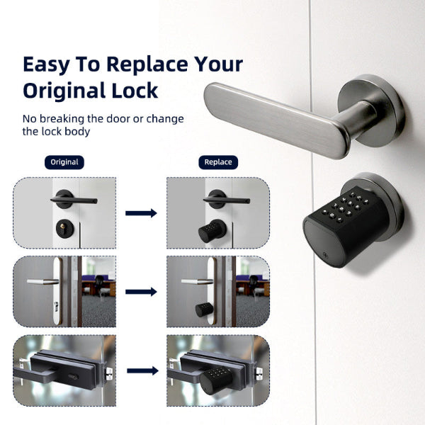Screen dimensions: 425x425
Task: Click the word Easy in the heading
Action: (x=46, y=64)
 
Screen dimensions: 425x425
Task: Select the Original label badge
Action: (x=64, y=161)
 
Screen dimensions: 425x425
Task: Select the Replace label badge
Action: (x=217, y=161)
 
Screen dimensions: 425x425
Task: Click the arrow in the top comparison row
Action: (x=141, y=212)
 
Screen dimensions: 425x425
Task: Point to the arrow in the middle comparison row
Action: (x=141, y=291)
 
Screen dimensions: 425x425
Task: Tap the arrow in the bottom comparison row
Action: (x=141, y=370)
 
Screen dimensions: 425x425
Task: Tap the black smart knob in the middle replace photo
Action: (x=204, y=310)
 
